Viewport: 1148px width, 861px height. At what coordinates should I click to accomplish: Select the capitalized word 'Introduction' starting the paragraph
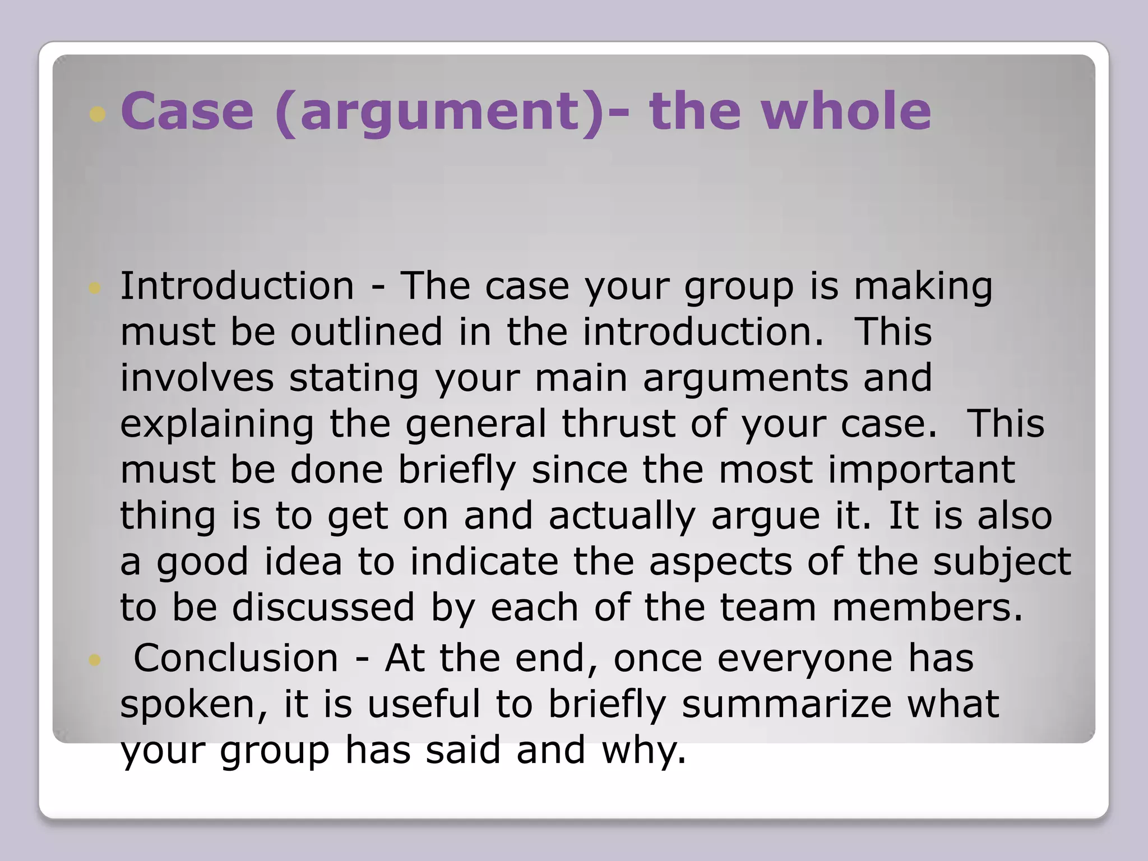(237, 286)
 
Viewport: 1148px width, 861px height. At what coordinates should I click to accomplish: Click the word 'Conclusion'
(236, 658)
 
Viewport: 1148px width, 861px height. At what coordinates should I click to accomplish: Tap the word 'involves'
(197, 378)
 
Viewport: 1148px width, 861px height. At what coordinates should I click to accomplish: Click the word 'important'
(921, 470)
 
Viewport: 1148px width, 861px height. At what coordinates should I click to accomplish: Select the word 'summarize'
(786, 704)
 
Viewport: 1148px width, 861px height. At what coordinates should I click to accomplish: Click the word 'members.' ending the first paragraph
(928, 608)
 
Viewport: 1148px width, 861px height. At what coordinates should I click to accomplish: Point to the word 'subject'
(1002, 562)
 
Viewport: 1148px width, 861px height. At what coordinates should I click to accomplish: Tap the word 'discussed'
(323, 608)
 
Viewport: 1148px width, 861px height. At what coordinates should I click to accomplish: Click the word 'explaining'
(217, 424)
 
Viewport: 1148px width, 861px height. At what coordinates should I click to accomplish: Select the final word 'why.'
(644, 750)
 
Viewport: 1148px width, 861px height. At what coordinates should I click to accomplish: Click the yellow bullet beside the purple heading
(98, 114)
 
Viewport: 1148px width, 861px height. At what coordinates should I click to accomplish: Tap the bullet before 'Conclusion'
(94, 660)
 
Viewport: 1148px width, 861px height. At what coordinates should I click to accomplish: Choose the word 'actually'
(622, 516)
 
